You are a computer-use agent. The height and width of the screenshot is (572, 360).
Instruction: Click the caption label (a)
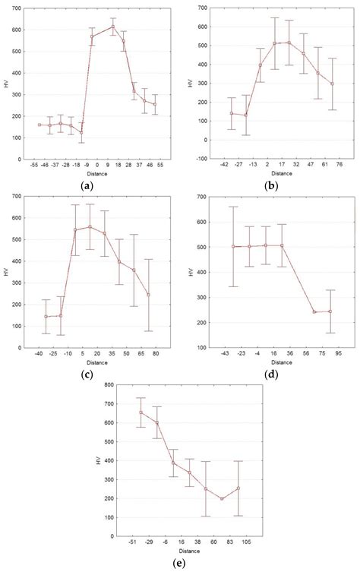point(90,185)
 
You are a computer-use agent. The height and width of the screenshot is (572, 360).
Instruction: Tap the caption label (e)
point(181,564)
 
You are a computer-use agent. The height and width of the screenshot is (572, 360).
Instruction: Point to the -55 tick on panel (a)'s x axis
point(34,163)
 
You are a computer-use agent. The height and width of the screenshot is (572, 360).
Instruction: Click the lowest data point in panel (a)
point(81,132)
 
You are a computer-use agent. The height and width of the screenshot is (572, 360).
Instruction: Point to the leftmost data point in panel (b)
point(232,113)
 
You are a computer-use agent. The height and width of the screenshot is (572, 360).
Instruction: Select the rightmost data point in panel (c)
point(148,295)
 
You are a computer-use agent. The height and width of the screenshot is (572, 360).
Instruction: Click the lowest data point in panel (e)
point(222,498)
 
